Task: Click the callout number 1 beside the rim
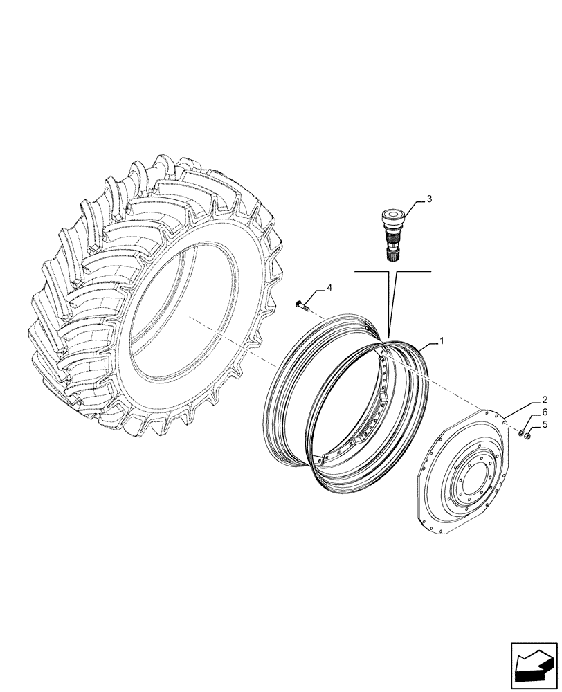pos(441,341)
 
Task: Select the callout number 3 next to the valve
pos(429,199)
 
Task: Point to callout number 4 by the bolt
pos(329,287)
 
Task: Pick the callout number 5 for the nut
pos(545,424)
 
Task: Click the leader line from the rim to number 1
pos(426,347)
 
